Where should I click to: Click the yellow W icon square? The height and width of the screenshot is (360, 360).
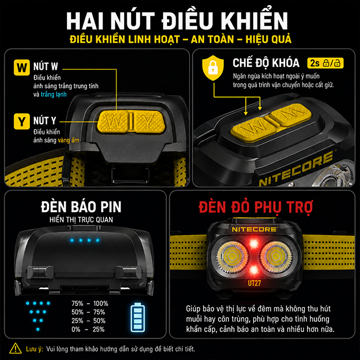(22, 67)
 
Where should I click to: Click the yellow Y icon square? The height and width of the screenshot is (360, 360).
(22, 121)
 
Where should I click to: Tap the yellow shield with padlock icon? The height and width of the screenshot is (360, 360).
(213, 68)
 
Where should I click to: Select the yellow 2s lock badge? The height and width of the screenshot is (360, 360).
(325, 63)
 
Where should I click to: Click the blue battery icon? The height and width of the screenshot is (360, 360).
(137, 317)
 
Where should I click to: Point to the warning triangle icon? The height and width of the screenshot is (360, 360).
(15, 348)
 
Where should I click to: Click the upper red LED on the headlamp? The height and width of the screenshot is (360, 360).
(254, 244)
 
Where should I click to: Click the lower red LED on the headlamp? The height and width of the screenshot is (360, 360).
(254, 270)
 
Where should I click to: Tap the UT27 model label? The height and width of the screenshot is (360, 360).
(254, 283)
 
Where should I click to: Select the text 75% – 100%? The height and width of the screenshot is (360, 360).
(90, 304)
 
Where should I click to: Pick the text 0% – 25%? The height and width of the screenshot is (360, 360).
(88, 330)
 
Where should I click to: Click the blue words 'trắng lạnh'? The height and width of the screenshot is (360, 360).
(54, 94)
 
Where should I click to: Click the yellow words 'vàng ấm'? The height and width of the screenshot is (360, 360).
(69, 140)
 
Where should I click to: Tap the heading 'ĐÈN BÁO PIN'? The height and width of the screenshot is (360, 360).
(81, 207)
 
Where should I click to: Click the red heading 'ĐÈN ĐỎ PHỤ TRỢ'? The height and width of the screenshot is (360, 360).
(255, 208)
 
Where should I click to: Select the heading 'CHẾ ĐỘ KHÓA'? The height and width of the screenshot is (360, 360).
(266, 62)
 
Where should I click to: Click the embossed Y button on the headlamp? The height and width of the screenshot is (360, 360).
(148, 121)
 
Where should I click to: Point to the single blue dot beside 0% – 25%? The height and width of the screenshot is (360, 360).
(38, 330)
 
